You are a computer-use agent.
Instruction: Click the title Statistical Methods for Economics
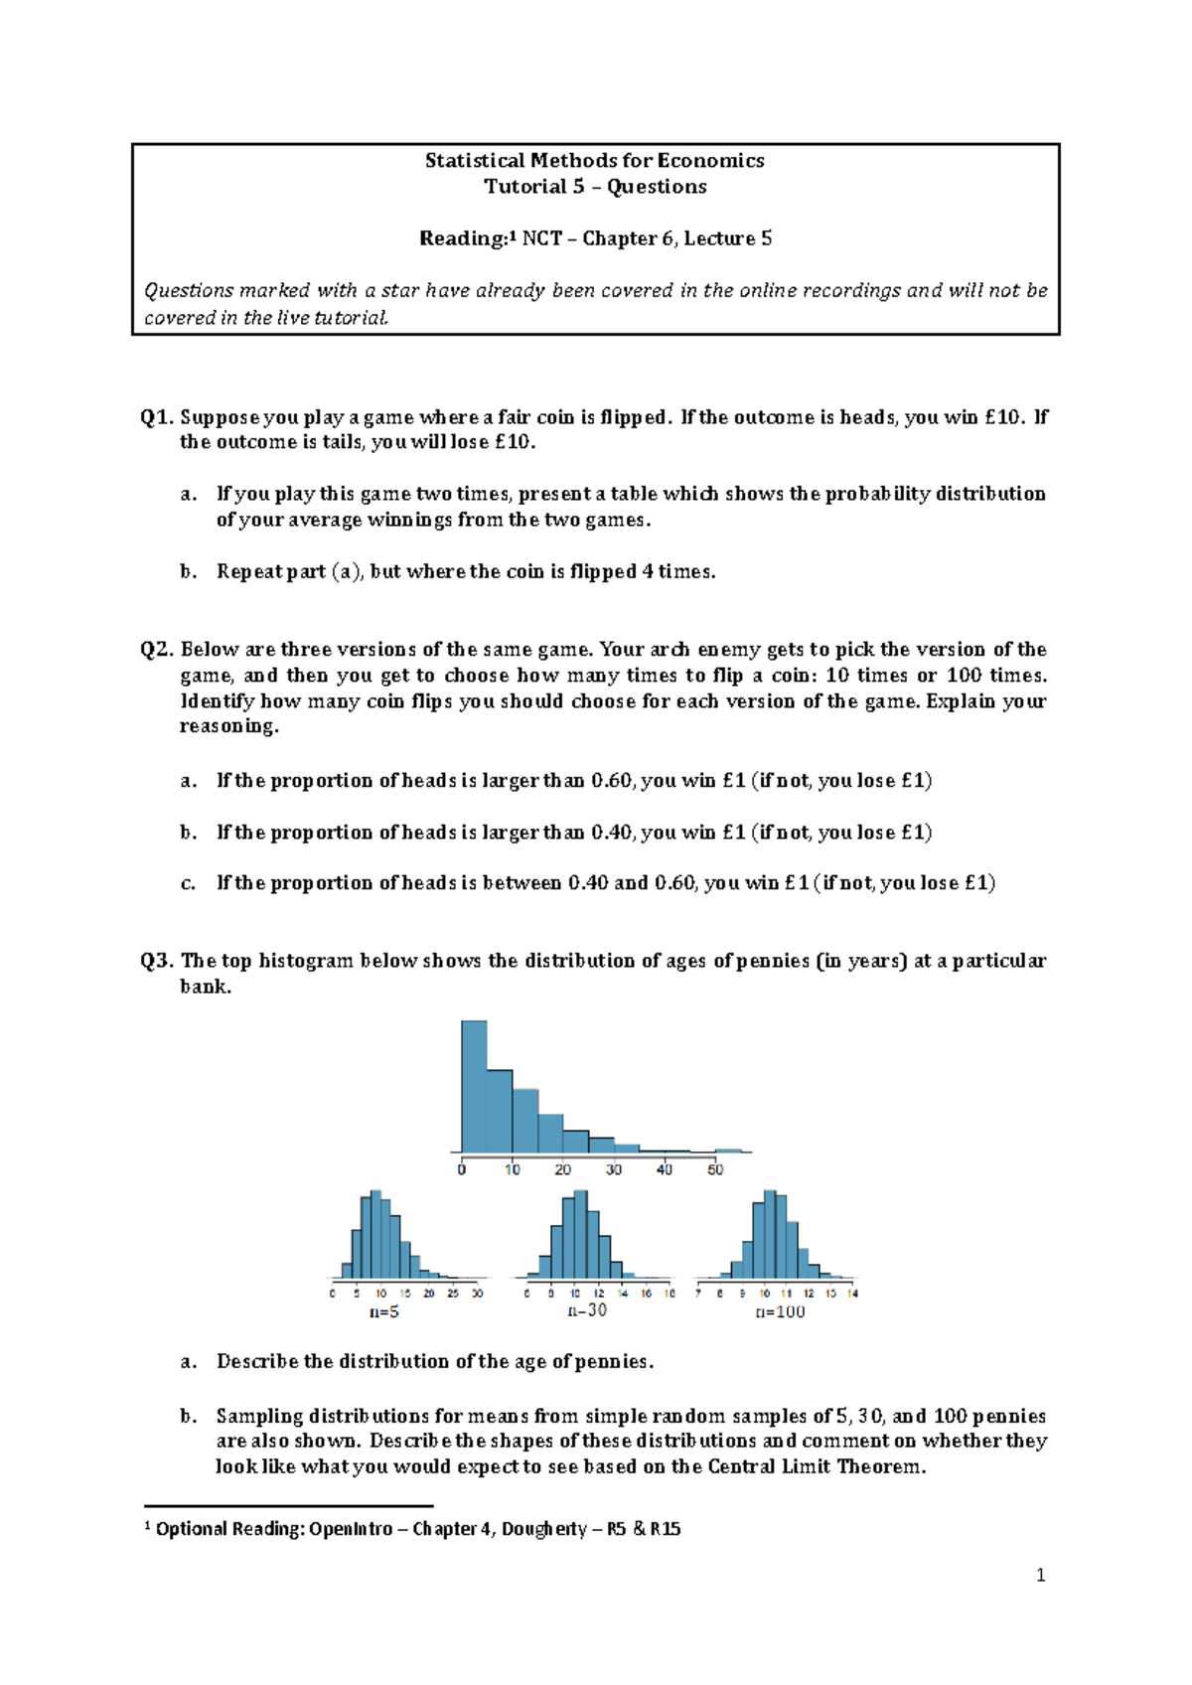pyautogui.click(x=594, y=161)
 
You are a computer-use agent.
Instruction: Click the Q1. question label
pyautogui.click(x=157, y=417)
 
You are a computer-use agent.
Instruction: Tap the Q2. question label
pyautogui.click(x=157, y=650)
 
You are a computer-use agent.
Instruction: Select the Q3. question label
pyautogui.click(x=157, y=961)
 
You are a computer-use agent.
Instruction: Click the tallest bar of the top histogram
pyautogui.click(x=474, y=1087)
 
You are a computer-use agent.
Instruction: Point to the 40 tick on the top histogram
pyautogui.click(x=665, y=1169)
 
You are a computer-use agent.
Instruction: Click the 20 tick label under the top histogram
pyautogui.click(x=562, y=1169)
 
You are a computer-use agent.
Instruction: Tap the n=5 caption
pyautogui.click(x=384, y=1312)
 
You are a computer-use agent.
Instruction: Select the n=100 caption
pyautogui.click(x=780, y=1312)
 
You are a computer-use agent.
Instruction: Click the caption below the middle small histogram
pyautogui.click(x=587, y=1310)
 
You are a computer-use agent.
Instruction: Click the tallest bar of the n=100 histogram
pyautogui.click(x=770, y=1235)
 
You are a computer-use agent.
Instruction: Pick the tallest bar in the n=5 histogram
pyautogui.click(x=375, y=1235)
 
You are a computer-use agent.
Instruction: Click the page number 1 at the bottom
pyautogui.click(x=1040, y=1576)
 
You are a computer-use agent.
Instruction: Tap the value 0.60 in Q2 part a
pyautogui.click(x=612, y=781)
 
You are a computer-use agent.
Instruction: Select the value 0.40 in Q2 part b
pyautogui.click(x=612, y=833)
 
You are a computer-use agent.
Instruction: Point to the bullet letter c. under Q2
pyautogui.click(x=188, y=883)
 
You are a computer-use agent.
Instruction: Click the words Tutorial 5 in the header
pyautogui.click(x=533, y=187)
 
